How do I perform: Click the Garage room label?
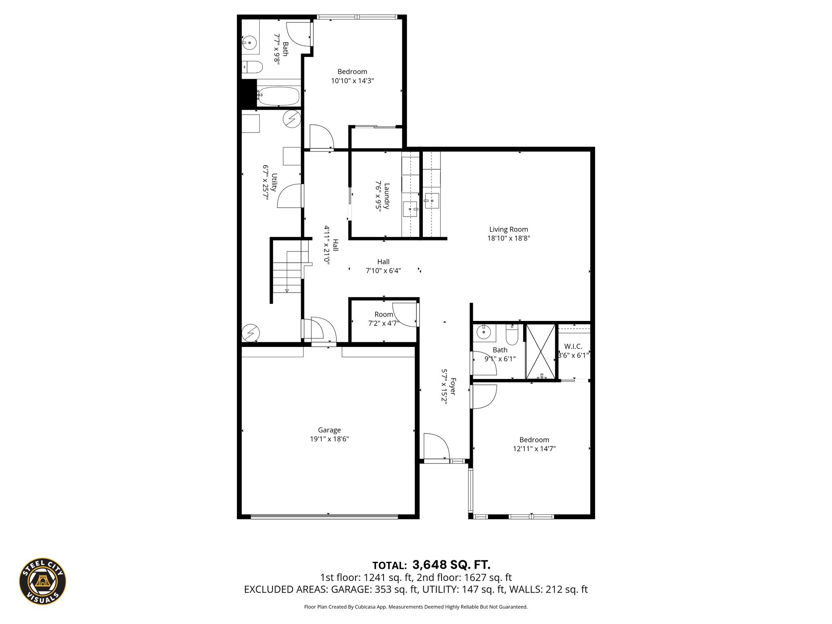[329, 430]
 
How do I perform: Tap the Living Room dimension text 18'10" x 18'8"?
[509, 238]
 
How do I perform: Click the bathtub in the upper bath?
[278, 96]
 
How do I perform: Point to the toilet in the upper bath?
[252, 67]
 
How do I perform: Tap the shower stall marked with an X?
[541, 352]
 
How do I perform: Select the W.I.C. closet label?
[573, 347]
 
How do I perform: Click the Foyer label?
[453, 387]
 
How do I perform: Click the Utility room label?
[274, 182]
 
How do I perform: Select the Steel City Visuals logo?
[43, 581]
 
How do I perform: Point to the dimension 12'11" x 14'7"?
[534, 449]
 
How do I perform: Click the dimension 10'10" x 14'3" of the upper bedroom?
[352, 81]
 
